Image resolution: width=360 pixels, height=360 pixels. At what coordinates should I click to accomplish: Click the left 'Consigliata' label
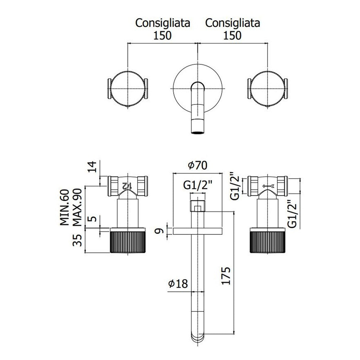[163, 23]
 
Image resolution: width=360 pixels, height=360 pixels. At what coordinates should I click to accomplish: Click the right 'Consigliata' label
[233, 23]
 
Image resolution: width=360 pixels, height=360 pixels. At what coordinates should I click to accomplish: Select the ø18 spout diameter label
[177, 283]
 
